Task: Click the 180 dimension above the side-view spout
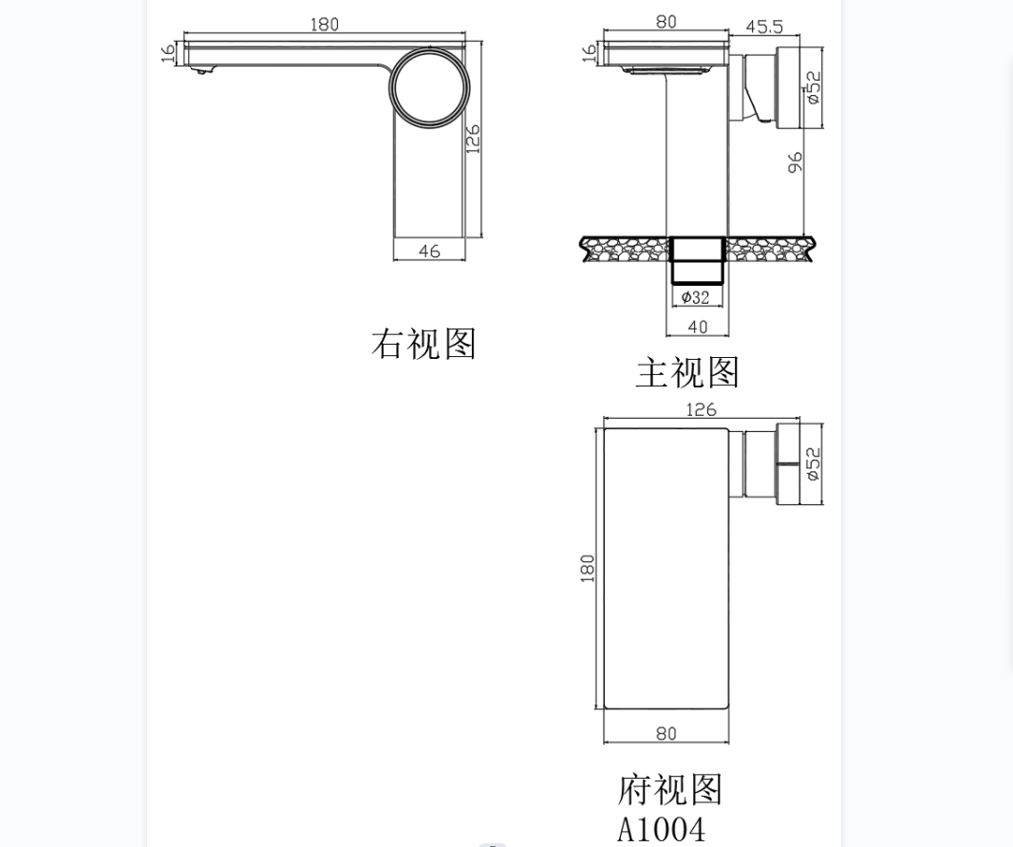[x=325, y=25]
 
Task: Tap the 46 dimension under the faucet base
[x=429, y=252]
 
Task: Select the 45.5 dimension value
[x=764, y=27]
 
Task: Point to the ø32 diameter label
[x=696, y=298]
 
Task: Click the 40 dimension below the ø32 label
[x=697, y=327]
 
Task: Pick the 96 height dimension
[x=796, y=161]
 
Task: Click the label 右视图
[x=423, y=343]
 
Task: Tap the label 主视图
[x=687, y=372]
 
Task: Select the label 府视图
[x=670, y=789]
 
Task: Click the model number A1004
[x=662, y=829]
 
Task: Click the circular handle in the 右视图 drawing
[x=431, y=86]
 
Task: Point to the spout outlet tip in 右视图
[x=202, y=71]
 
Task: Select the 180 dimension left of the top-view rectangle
[x=588, y=568]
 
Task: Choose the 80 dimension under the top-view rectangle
[x=666, y=733]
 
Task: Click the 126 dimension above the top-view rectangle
[x=701, y=410]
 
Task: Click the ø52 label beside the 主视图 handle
[x=814, y=86]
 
